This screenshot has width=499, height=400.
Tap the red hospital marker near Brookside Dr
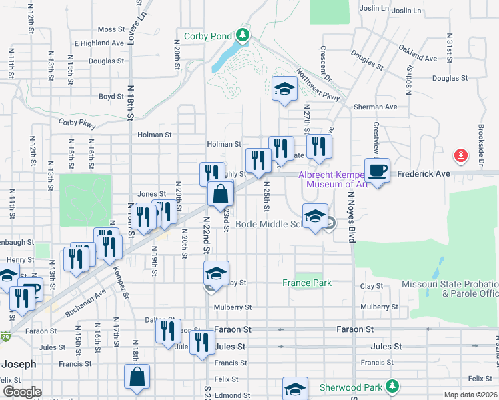pyautogui.click(x=460, y=157)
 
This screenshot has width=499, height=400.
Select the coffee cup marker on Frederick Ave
pyautogui.click(x=377, y=170)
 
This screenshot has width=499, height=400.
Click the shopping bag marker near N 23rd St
pyautogui.click(x=221, y=194)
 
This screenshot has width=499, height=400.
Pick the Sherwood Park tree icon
pyautogui.click(x=393, y=387)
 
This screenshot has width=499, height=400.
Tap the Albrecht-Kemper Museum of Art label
pyautogui.click(x=332, y=180)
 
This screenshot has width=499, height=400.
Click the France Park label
pyautogui.click(x=306, y=283)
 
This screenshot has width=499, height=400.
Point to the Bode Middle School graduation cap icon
pyautogui.click(x=315, y=216)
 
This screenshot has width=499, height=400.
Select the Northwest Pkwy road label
pyautogui.click(x=318, y=85)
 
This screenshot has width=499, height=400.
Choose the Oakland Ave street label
pyautogui.click(x=418, y=53)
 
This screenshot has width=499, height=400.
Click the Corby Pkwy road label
pyautogui.click(x=77, y=123)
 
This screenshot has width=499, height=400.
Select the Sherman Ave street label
pyautogui.click(x=375, y=107)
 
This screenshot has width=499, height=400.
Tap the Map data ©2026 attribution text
pyautogui.click(x=470, y=395)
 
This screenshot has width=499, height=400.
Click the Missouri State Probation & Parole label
pyautogui.click(x=450, y=289)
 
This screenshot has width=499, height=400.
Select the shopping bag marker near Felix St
pyautogui.click(x=137, y=377)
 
